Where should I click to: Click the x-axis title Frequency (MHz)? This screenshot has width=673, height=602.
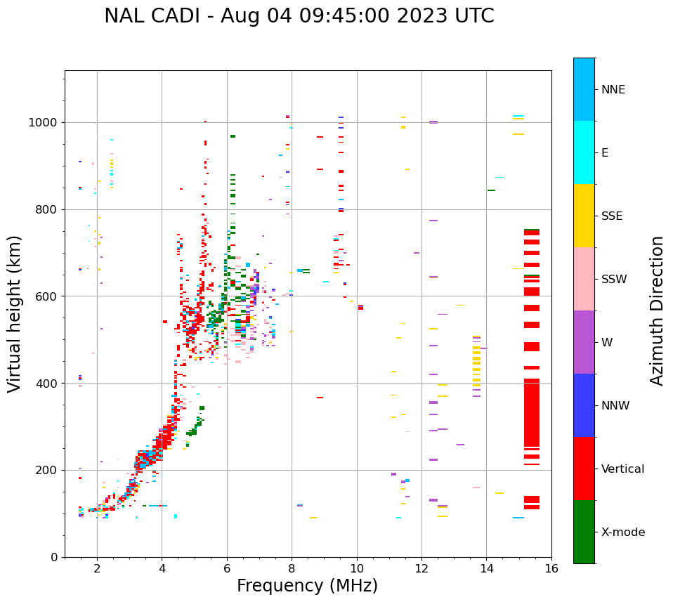307,586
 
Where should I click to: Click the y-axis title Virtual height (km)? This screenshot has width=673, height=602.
15,313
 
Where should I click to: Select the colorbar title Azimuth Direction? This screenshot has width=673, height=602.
657,310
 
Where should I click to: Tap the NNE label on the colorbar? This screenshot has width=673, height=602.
613,90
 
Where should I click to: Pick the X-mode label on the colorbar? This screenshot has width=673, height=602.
622,532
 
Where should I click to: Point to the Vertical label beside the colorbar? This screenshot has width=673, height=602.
622,469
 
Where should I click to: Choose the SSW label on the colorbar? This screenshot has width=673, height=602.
614,280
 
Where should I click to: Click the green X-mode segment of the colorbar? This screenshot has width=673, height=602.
584,532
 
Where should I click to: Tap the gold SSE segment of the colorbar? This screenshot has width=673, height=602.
584,216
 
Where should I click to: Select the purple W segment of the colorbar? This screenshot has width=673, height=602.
584,342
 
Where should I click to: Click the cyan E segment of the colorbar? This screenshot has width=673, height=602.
584,152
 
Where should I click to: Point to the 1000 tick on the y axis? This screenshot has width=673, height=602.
44,123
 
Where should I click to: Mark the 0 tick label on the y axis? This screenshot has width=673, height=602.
54,557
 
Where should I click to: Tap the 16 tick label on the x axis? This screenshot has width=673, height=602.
551,568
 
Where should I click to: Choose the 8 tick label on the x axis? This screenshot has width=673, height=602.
292,568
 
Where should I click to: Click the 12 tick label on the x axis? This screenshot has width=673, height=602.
422,568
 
